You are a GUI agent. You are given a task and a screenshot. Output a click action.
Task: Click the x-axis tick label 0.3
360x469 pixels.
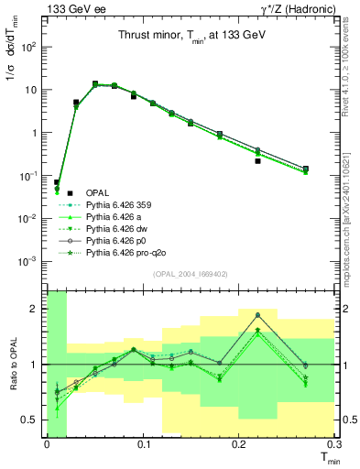pyautogui.click(x=333, y=443)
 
